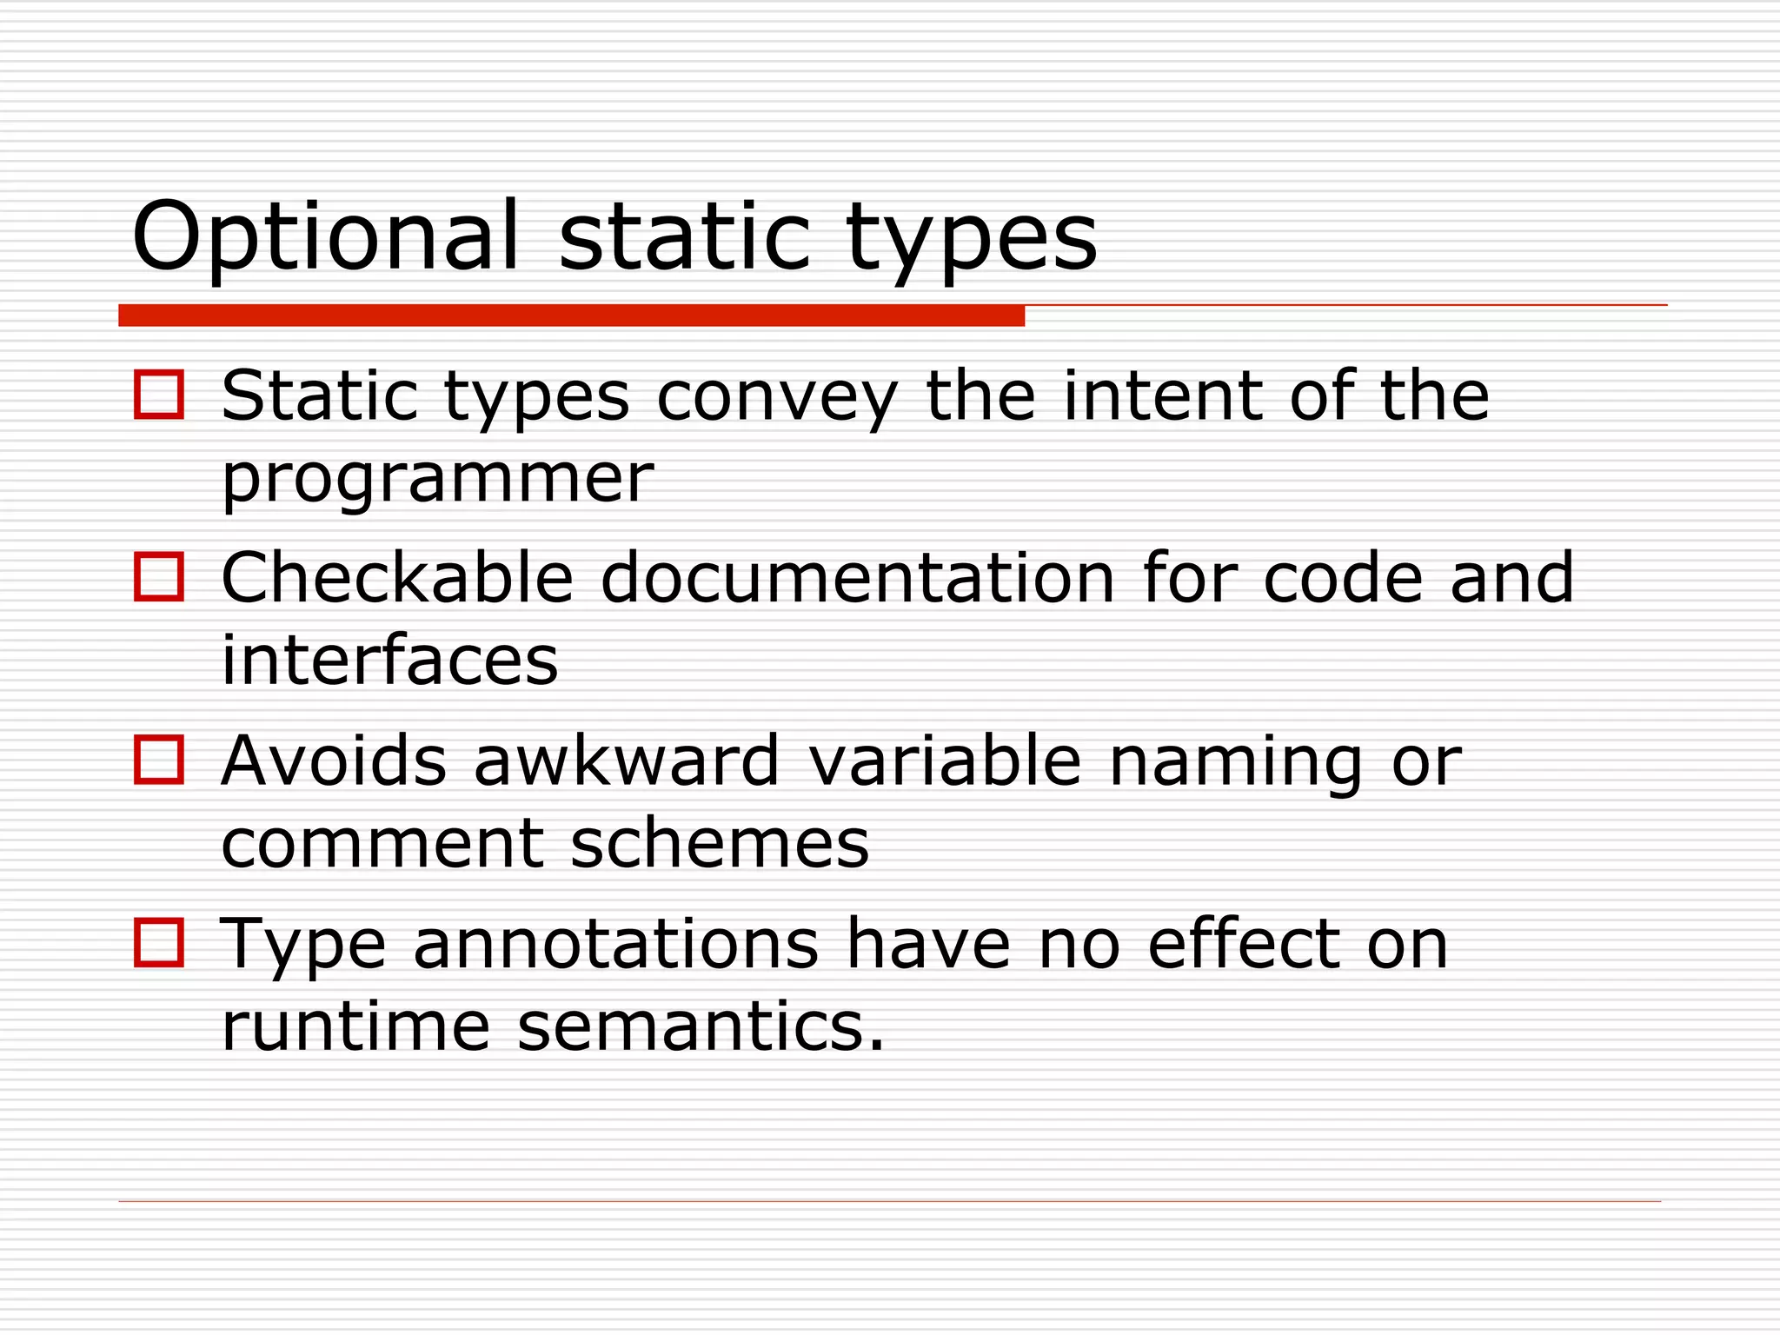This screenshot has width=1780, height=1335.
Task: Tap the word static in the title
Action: pyautogui.click(x=685, y=236)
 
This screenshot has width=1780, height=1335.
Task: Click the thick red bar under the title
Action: pyautogui.click(x=571, y=315)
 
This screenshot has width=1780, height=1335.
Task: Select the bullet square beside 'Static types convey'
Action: pyautogui.click(x=159, y=395)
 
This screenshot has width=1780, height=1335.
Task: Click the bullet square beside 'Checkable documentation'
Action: pyautogui.click(x=159, y=577)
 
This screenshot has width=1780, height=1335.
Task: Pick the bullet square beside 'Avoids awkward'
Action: pyautogui.click(x=159, y=760)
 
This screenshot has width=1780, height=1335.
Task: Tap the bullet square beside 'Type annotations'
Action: pyautogui.click(x=159, y=942)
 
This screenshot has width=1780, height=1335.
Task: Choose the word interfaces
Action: pyautogui.click(x=389, y=660)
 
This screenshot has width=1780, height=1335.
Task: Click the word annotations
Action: pyautogui.click(x=615, y=944)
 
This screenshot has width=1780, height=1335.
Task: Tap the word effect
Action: pyautogui.click(x=1243, y=944)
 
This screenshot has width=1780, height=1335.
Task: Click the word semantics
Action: pyautogui.click(x=700, y=1026)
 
